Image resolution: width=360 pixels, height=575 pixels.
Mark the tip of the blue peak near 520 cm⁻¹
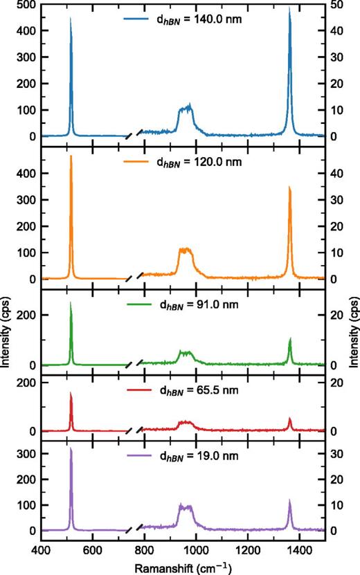tap(71, 19)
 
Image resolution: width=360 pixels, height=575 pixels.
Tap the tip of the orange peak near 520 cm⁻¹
tap(71, 156)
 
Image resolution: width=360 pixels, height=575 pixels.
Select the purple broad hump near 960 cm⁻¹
tap(185, 507)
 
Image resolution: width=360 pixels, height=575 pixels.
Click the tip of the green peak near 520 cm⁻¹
tap(71, 302)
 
